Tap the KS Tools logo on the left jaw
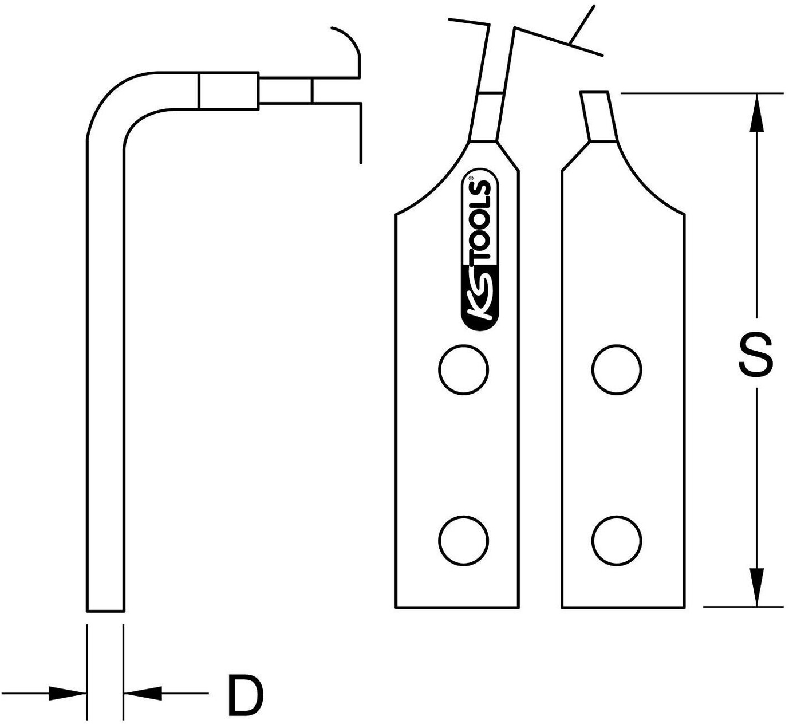479,249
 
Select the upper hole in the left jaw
463,369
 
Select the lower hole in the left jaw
463,541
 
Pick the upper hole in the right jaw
616,369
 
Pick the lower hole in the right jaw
616,541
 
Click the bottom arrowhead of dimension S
756,587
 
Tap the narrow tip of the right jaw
598,116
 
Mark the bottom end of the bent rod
105,611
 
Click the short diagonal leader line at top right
582,23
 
